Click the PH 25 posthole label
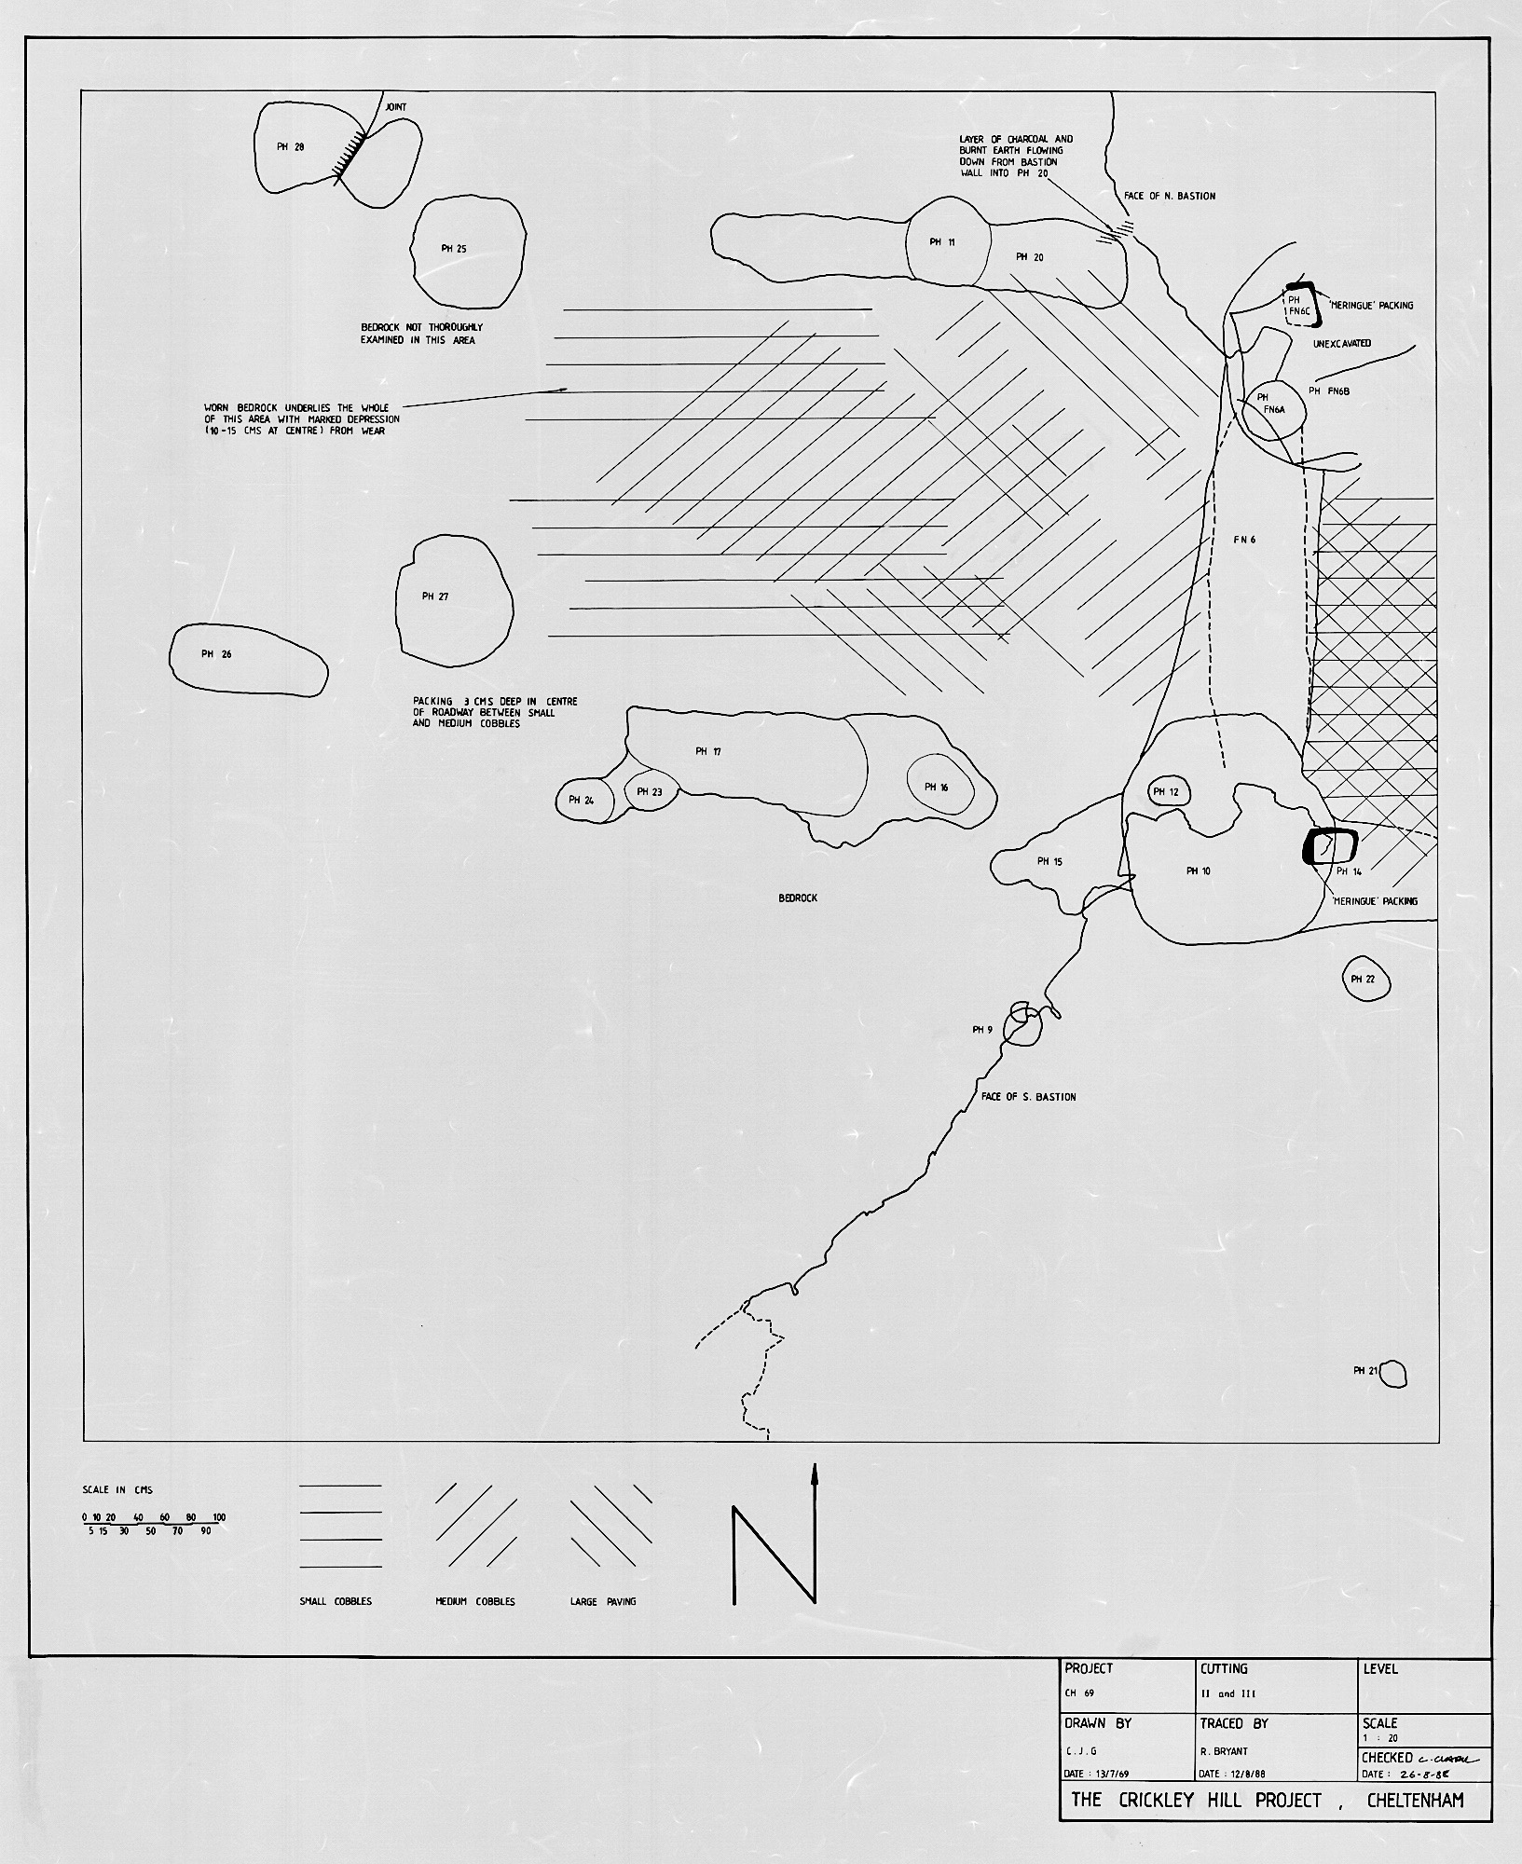coord(454,249)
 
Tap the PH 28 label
coord(291,146)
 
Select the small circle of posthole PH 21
coord(1393,1374)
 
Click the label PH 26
coord(216,654)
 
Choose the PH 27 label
coord(435,596)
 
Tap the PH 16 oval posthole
coord(939,788)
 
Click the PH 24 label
coord(582,800)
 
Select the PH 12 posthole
coord(1166,792)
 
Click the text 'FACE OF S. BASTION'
coord(1028,1097)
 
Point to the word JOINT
coord(396,108)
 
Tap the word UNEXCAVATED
coord(1341,344)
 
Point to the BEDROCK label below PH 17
coord(798,898)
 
